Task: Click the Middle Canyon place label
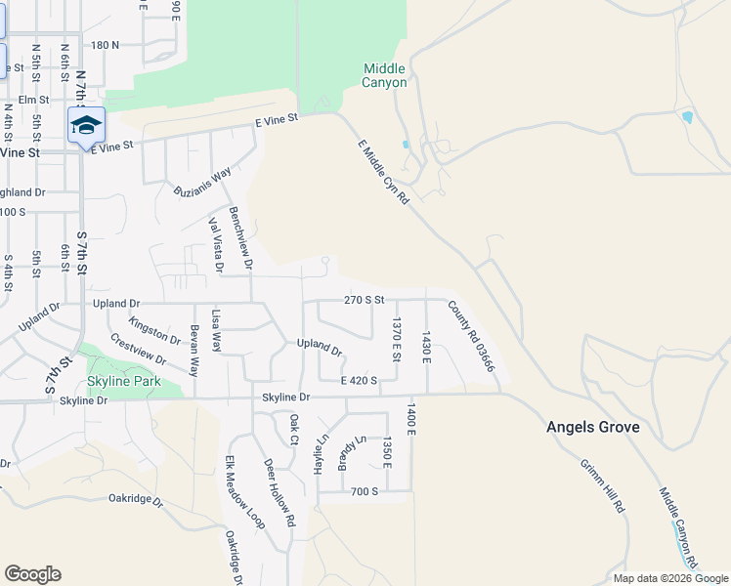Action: pos(384,75)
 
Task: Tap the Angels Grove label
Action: pos(592,428)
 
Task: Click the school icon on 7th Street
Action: pos(86,126)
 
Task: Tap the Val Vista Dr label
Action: pos(216,244)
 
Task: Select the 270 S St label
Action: pos(365,300)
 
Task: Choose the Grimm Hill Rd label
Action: pos(603,485)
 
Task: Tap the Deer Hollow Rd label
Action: pos(279,492)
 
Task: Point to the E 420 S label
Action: pos(359,380)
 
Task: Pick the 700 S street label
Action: pos(365,491)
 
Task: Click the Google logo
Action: pos(32,574)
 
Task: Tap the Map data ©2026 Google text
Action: pos(670,578)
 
